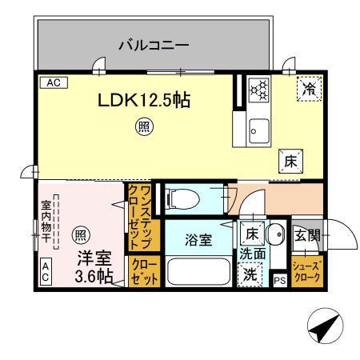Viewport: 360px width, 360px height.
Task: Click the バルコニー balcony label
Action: tap(154, 45)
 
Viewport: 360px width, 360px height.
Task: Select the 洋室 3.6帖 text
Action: tap(94, 267)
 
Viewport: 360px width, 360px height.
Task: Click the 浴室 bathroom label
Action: tap(198, 239)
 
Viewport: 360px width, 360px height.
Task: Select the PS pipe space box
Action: tap(279, 281)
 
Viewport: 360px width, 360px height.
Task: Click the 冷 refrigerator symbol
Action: tap(307, 90)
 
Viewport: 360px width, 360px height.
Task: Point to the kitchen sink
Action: tap(258, 128)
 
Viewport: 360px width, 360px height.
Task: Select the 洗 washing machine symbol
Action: tap(251, 272)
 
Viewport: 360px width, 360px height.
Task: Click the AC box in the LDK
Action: tap(52, 82)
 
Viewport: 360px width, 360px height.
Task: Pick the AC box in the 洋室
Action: tap(46, 273)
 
